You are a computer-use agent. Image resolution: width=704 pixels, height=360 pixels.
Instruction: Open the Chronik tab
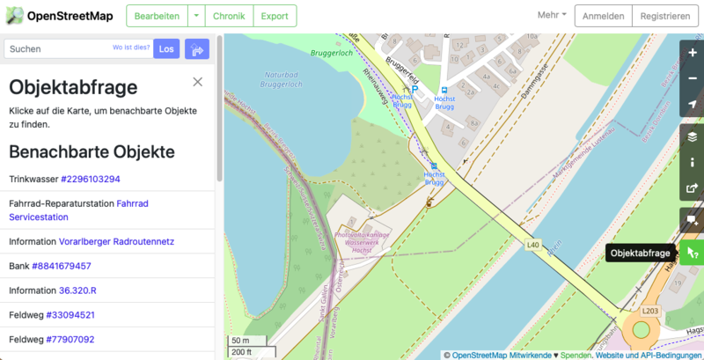point(229,16)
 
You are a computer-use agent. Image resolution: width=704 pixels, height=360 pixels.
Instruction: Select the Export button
point(275,16)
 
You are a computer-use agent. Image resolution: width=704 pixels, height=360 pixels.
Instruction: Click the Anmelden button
point(603,16)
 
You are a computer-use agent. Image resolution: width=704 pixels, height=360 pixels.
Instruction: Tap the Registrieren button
point(665,16)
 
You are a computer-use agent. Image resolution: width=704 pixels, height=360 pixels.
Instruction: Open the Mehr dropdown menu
point(552,16)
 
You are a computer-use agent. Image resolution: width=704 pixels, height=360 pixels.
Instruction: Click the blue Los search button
point(165,49)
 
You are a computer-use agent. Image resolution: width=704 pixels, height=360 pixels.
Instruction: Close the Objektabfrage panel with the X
point(198,82)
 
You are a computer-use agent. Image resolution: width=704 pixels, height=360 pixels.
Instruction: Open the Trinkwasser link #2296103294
point(91,180)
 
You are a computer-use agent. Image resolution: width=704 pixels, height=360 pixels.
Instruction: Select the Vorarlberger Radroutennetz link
point(116,241)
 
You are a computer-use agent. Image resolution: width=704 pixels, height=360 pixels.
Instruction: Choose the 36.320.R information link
point(77,290)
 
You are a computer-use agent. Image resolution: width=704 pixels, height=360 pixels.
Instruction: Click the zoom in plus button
point(693,52)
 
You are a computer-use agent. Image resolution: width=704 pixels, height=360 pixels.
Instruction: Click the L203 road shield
point(650,311)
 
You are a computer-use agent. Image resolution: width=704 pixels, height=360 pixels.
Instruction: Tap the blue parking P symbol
point(404,90)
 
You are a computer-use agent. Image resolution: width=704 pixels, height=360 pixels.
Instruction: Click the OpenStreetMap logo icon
point(13,16)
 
